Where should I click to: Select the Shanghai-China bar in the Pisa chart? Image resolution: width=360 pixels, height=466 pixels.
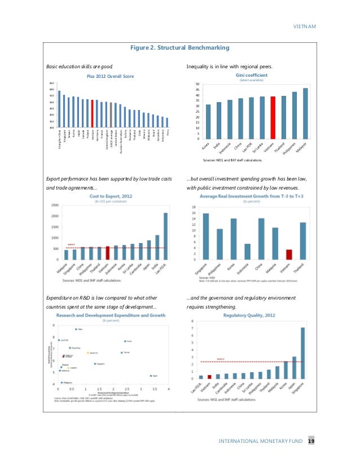(59, 109)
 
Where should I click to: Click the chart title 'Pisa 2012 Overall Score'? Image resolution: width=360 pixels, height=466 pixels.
(109, 76)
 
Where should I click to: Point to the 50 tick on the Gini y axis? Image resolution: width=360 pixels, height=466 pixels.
(197, 85)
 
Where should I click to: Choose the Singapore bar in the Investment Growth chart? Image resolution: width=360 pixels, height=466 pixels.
(205, 236)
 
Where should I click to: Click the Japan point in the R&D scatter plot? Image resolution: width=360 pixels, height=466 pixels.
(151, 375)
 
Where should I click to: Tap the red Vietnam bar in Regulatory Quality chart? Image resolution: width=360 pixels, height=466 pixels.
(209, 376)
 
